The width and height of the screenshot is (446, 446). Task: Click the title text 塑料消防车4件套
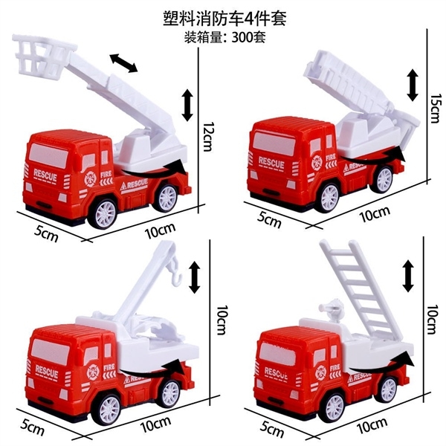click(224, 19)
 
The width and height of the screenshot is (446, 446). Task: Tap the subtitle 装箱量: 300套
click(224, 37)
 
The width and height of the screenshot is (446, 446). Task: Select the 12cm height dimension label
click(209, 137)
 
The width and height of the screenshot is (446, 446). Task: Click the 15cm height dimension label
click(436, 109)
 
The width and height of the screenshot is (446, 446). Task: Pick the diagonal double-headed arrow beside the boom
click(124, 63)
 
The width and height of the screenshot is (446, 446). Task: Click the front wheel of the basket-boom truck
click(103, 213)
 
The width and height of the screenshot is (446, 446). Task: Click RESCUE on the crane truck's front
click(47, 372)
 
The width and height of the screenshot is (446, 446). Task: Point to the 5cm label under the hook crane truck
click(32, 427)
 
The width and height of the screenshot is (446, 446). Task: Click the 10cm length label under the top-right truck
click(375, 214)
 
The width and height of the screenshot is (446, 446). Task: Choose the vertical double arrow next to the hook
click(195, 277)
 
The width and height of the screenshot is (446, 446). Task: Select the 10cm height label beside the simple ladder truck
click(431, 319)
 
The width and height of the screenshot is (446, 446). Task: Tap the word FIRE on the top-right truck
click(331, 157)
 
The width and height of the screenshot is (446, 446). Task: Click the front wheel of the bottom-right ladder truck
click(335, 408)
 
